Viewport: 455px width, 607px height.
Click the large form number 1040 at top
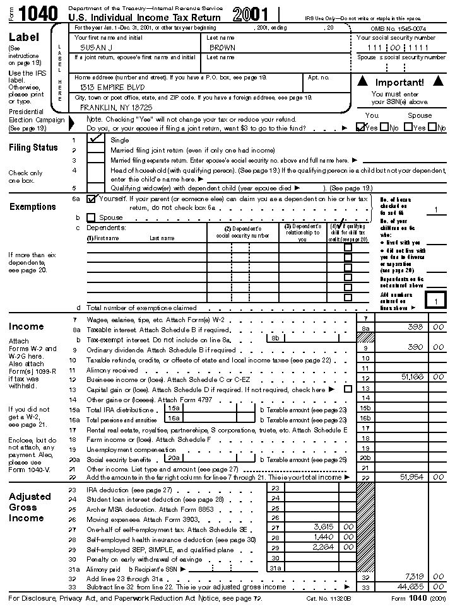coord(38,14)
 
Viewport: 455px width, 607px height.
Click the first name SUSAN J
coord(93,48)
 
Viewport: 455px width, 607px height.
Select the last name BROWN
coord(222,48)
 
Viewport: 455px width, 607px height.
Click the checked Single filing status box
coord(97,139)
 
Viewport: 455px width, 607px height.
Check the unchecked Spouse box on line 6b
coord(92,217)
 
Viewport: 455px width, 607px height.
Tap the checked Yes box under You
coord(361,127)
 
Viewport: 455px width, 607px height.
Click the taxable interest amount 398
coord(415,328)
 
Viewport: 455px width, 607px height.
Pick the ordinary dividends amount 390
coord(415,347)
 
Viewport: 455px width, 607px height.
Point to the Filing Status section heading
coord(33,147)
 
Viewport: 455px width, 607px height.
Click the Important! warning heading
coord(399,83)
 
